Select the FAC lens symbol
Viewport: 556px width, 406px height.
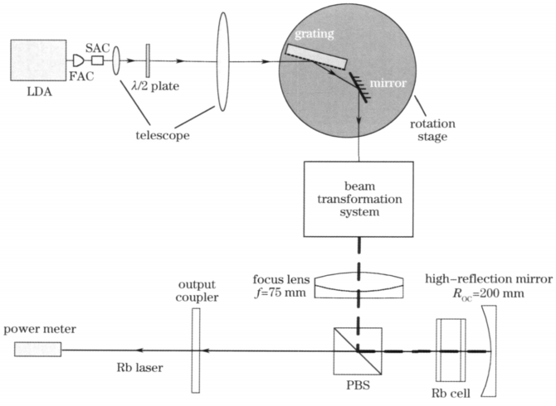[x=78, y=60]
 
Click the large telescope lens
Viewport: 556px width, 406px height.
[x=223, y=60]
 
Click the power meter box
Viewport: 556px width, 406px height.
[x=37, y=349]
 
